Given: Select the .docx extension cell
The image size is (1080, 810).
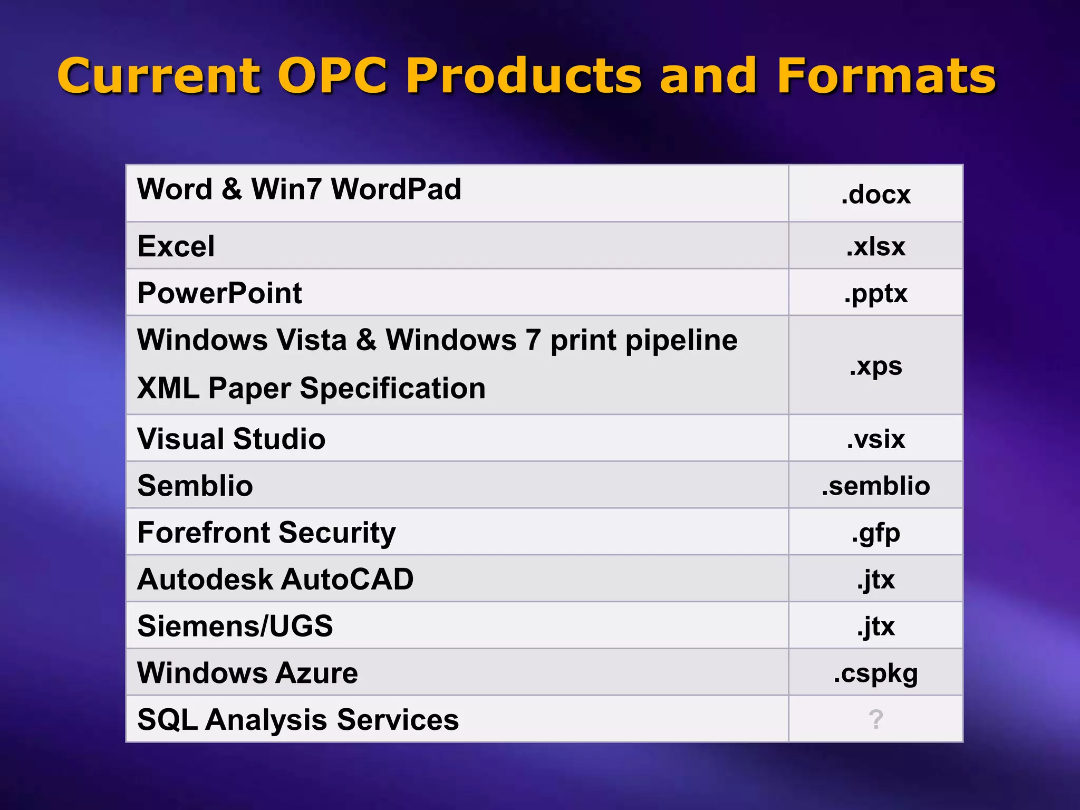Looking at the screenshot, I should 875,195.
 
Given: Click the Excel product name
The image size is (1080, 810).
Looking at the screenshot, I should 176,246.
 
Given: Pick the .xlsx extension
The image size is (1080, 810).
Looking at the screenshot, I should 875,246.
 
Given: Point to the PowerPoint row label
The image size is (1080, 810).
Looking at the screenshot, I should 219,293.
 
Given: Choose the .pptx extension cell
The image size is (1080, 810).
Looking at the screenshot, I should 875,293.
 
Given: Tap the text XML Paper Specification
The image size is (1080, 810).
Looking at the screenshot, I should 311,389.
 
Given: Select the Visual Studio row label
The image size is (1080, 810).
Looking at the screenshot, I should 231,439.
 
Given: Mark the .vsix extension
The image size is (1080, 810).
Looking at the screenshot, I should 875,439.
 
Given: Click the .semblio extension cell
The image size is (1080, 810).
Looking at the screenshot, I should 875,486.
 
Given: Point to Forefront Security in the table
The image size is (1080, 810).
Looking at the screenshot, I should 266,533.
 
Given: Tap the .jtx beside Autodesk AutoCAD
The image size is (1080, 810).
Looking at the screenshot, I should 875,580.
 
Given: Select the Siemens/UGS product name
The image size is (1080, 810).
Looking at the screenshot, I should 235,626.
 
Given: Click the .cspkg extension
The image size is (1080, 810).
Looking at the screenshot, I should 875,673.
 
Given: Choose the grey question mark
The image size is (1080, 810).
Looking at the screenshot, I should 875,719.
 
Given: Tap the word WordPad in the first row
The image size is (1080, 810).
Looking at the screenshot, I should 396,189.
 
